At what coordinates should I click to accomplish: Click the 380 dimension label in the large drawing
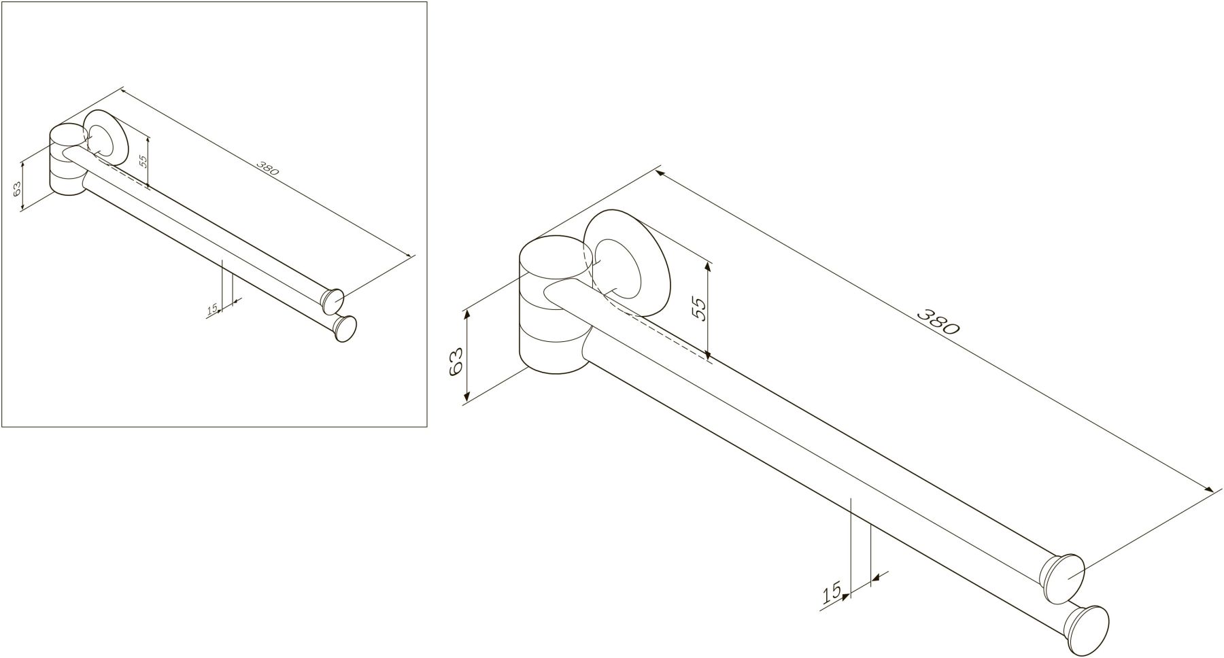(x=938, y=322)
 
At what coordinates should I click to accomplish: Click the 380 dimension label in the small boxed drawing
(x=268, y=169)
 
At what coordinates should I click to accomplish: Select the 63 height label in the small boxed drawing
(x=17, y=188)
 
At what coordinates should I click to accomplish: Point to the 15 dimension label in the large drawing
(x=832, y=592)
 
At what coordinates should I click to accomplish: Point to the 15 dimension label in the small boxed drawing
(x=211, y=309)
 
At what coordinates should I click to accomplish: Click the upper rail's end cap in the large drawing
(x=1065, y=578)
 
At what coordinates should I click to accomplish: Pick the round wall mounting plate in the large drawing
(x=627, y=262)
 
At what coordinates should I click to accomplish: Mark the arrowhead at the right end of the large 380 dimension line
(x=1208, y=489)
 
